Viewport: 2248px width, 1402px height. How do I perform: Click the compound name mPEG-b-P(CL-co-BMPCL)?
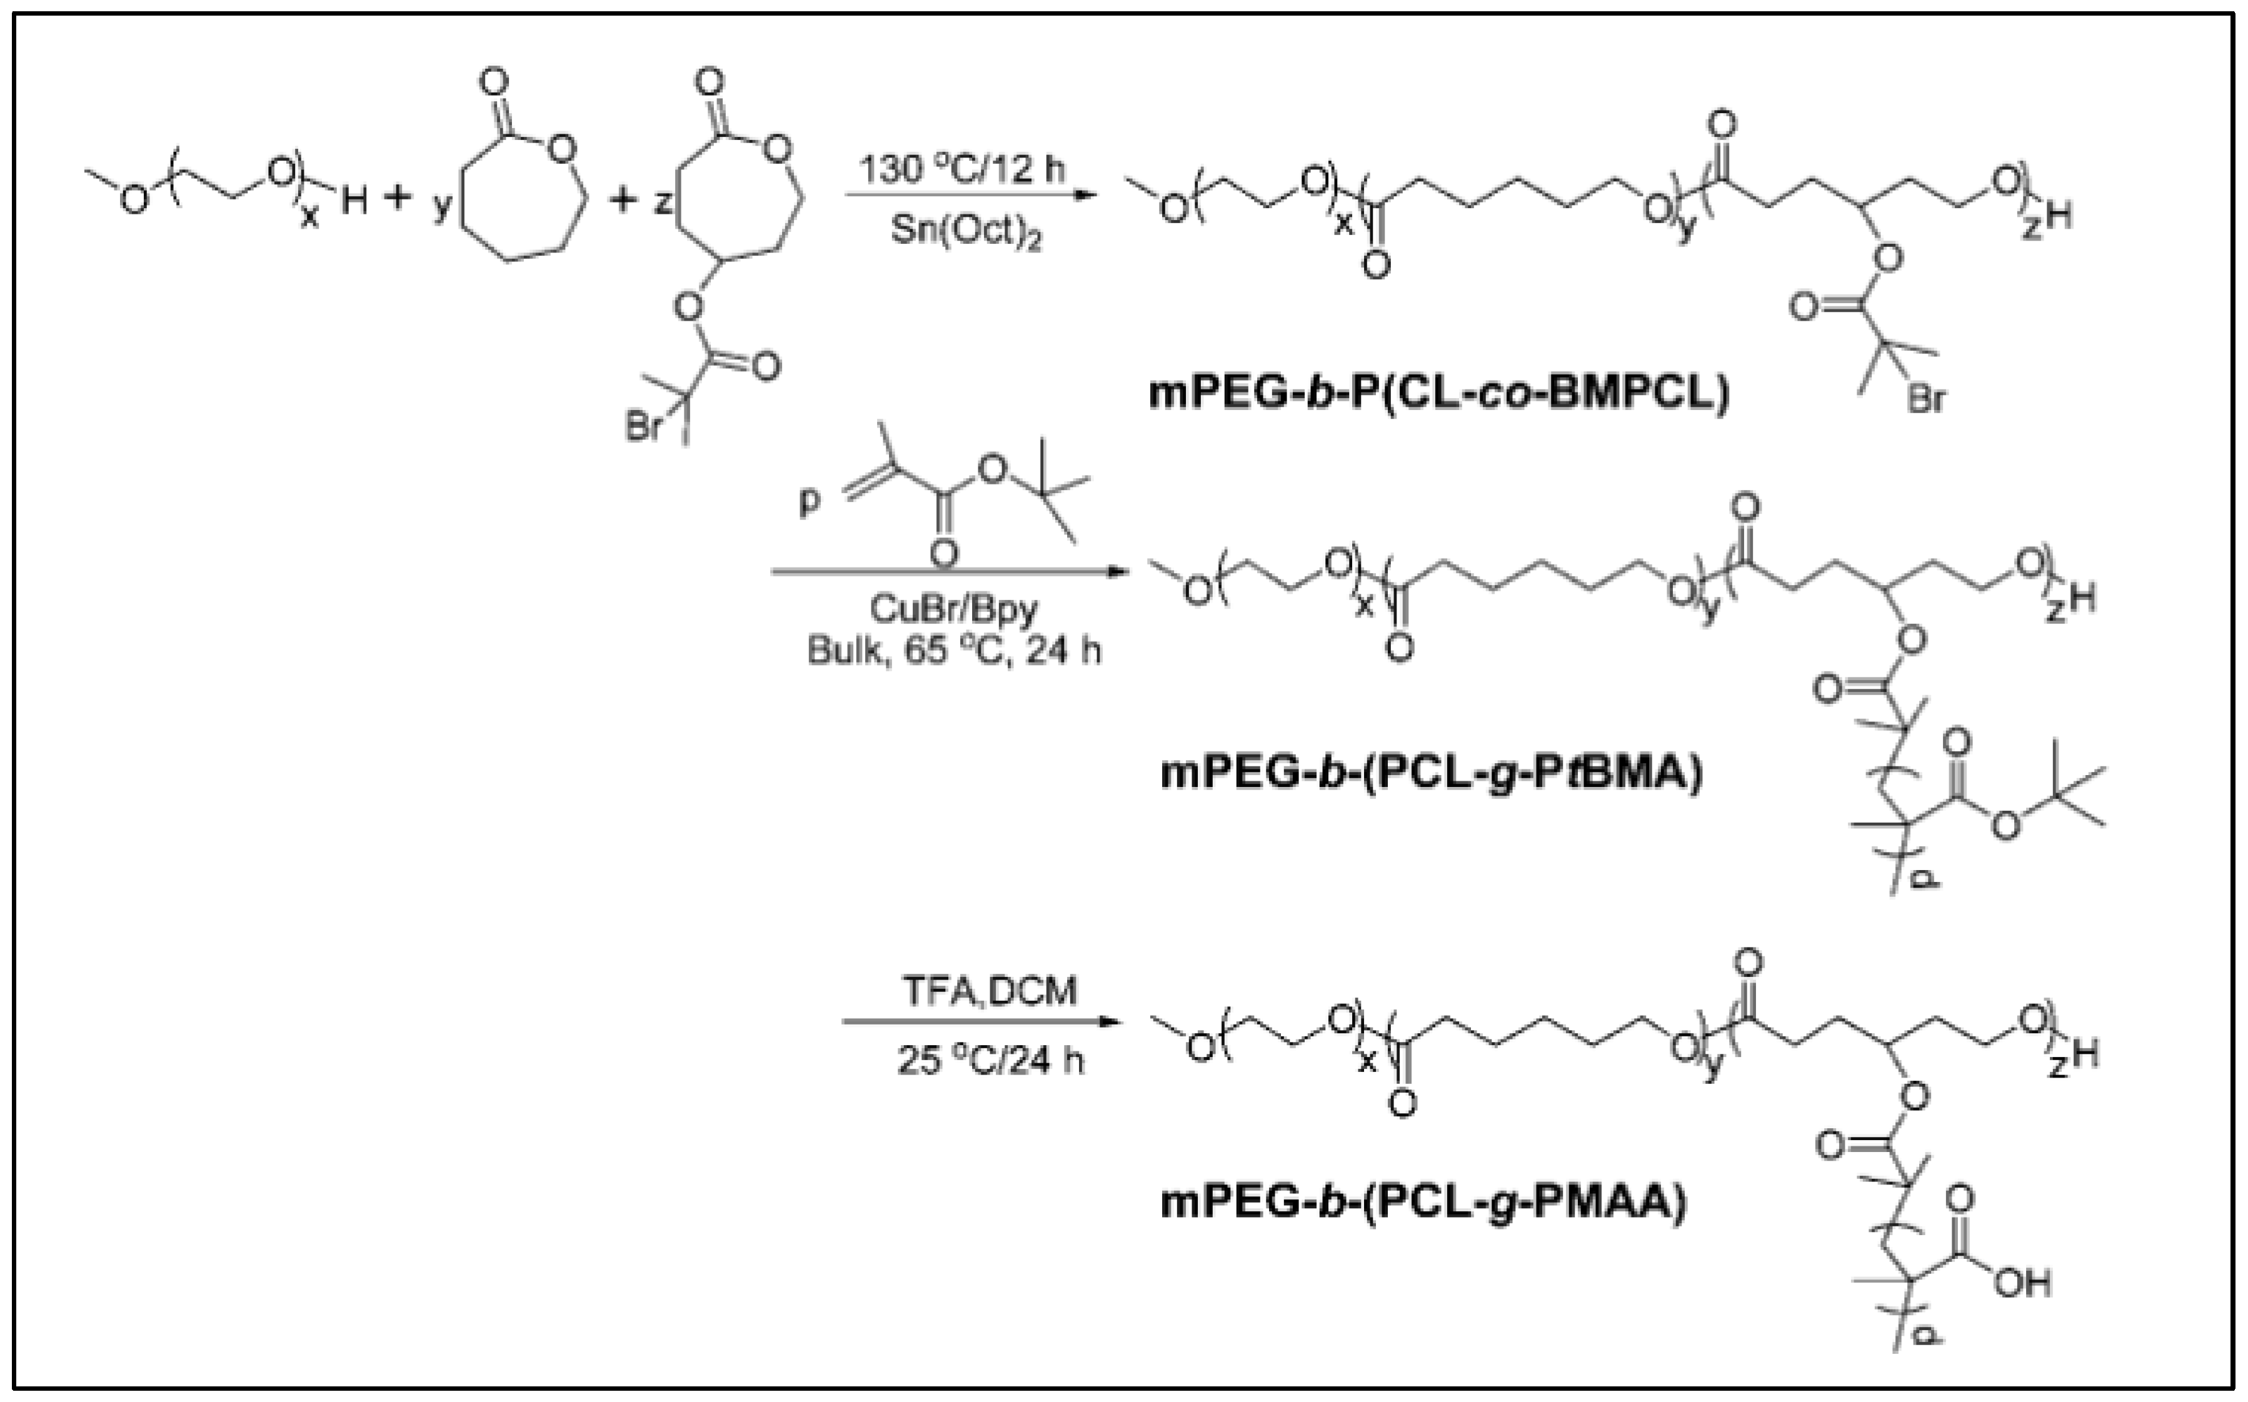click(1439, 393)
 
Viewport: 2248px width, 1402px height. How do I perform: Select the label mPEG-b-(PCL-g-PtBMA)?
click(1432, 773)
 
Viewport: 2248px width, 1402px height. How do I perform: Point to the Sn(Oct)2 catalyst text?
click(965, 232)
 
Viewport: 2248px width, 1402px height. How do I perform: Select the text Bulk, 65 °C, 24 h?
click(953, 651)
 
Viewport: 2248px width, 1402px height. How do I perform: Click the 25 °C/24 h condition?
click(990, 1060)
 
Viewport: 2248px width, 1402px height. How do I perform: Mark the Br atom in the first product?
click(1926, 399)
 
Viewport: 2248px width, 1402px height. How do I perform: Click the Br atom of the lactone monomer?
click(643, 428)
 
